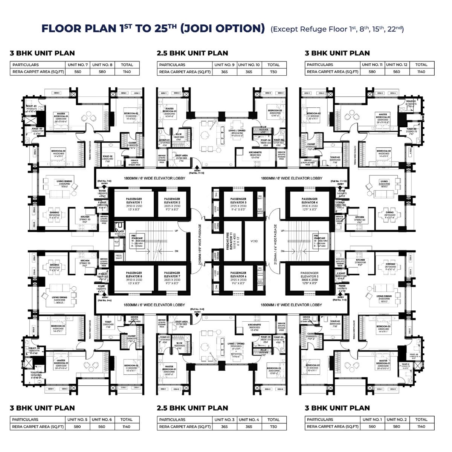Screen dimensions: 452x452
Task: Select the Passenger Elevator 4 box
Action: click(x=310, y=204)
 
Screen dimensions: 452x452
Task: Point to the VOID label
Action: click(x=254, y=241)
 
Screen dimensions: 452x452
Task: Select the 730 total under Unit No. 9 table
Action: click(x=273, y=72)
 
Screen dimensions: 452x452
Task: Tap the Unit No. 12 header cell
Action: click(x=397, y=65)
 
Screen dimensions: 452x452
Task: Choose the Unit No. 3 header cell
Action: click(x=224, y=420)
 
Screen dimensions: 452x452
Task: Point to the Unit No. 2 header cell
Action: click(x=397, y=420)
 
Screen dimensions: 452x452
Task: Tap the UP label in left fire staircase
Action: click(x=176, y=231)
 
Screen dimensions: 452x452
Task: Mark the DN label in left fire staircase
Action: click(x=176, y=251)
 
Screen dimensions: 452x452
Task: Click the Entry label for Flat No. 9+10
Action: click(x=197, y=171)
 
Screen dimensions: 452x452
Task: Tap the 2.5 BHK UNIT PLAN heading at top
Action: click(x=192, y=53)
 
